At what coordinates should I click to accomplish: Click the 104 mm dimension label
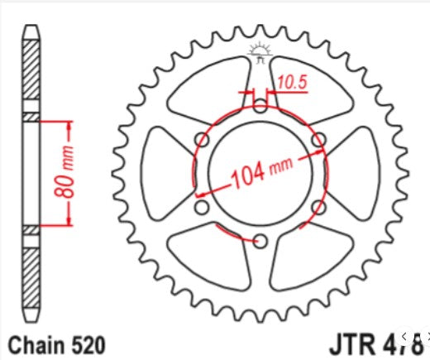(x=263, y=174)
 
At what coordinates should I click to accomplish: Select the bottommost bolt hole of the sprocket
(x=260, y=241)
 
